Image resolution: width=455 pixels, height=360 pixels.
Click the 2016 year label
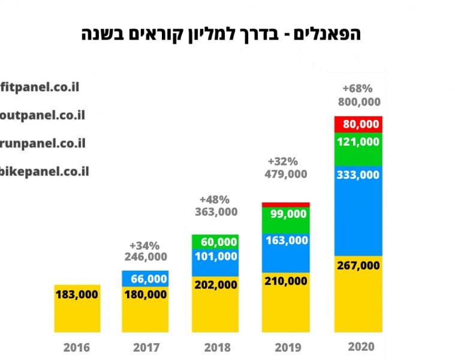tap(77, 347)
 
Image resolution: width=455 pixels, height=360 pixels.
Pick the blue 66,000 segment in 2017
tap(145, 278)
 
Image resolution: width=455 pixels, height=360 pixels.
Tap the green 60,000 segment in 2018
tap(215, 242)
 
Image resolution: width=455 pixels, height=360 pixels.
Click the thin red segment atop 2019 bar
tap(285, 205)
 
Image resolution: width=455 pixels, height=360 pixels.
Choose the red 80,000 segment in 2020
tap(358, 124)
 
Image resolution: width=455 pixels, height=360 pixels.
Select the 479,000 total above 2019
tap(286, 174)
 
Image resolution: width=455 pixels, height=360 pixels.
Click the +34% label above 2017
tap(144, 245)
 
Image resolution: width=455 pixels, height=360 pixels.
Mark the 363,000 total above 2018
tap(216, 212)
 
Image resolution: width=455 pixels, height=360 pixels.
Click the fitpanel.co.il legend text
tap(40, 86)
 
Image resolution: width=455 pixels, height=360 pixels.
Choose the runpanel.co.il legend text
tap(43, 143)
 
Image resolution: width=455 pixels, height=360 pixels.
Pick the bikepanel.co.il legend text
tap(45, 172)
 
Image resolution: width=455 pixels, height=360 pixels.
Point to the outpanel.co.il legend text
tap(43, 115)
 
